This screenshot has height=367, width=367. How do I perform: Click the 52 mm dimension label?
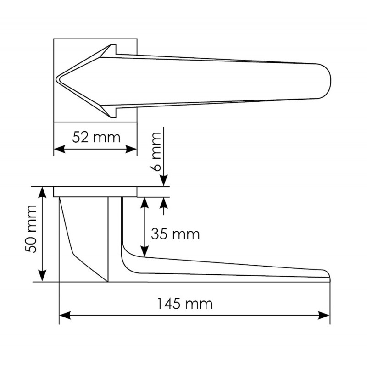point(96,137)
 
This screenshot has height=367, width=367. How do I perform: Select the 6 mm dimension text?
point(155,152)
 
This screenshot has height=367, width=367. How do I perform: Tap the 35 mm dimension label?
point(175,234)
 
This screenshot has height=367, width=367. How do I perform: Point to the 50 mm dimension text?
point(31,229)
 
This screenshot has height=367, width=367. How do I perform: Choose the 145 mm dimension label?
point(185,304)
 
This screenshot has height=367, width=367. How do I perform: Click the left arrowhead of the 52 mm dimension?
point(60,149)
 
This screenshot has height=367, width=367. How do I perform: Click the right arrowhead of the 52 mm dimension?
point(131,149)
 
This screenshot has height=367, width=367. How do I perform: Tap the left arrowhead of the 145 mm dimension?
point(65,316)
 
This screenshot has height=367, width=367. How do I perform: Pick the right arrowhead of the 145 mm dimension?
point(324,316)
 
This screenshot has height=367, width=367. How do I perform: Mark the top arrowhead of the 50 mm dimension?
point(42,192)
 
